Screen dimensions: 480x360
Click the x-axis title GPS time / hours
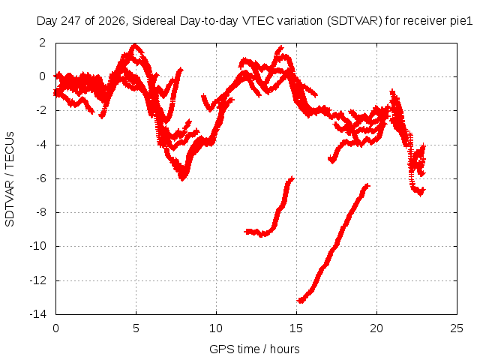click(254, 349)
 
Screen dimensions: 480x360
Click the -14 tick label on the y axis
click(38, 314)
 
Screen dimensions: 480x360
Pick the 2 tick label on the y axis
click(43, 43)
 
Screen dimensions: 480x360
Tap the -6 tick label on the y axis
click(41, 178)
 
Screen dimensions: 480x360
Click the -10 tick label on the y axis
click(38, 246)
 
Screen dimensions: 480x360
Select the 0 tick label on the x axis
click(55, 328)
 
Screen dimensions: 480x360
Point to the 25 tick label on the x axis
click(457, 328)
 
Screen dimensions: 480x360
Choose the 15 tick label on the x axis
click(296, 328)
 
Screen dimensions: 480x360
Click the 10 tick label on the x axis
click(216, 328)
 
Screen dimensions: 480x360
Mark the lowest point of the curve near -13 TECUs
click(301, 301)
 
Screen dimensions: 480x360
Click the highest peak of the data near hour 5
click(135, 46)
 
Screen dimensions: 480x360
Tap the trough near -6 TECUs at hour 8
click(182, 178)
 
